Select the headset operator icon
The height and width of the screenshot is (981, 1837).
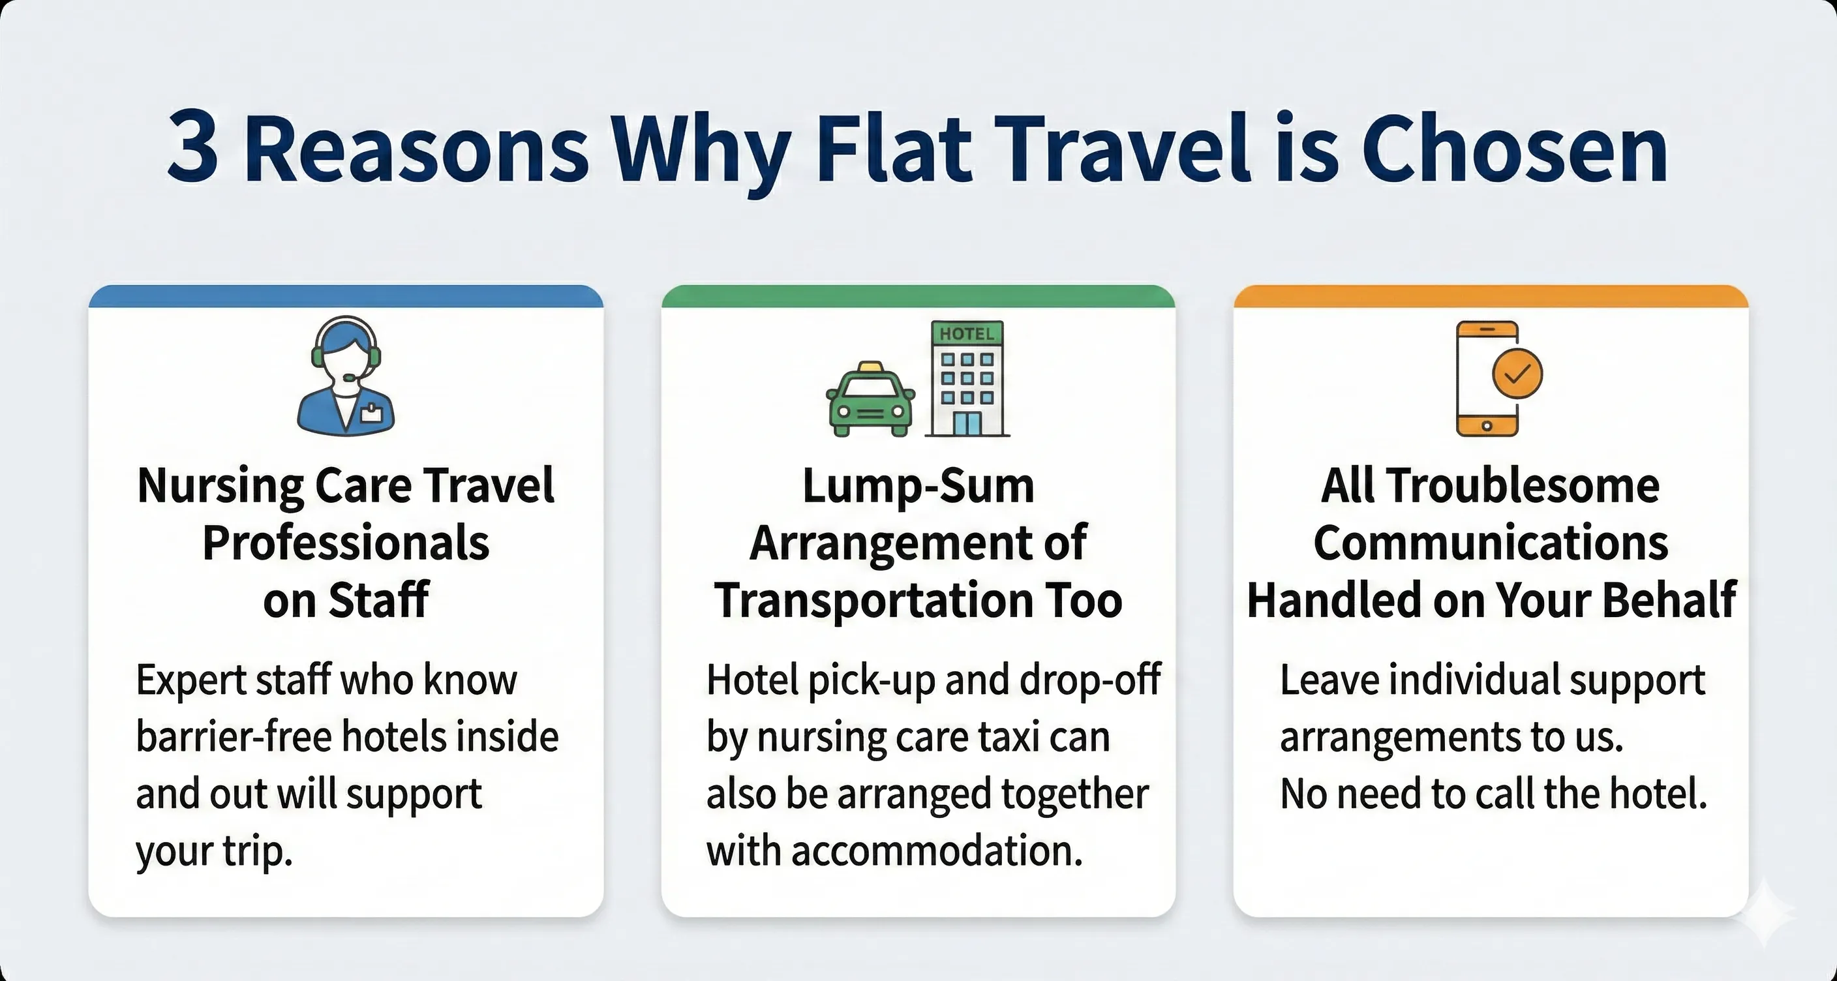pos(346,374)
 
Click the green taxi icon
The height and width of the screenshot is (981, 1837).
pos(870,399)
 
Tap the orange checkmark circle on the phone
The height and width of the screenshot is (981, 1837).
pos(1517,374)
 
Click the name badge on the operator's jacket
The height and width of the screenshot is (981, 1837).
pos(372,412)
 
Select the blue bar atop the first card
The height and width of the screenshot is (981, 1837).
pos(346,297)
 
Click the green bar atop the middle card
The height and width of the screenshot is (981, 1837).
pos(918,297)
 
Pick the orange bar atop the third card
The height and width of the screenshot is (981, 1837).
pos(1491,297)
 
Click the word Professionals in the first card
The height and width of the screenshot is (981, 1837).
pos(346,543)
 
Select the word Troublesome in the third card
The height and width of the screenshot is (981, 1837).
pos(1523,486)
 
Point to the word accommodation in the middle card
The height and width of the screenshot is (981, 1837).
pos(937,851)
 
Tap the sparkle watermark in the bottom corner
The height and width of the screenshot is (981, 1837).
pos(1764,913)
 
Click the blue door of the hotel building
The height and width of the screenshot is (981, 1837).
pos(966,423)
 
